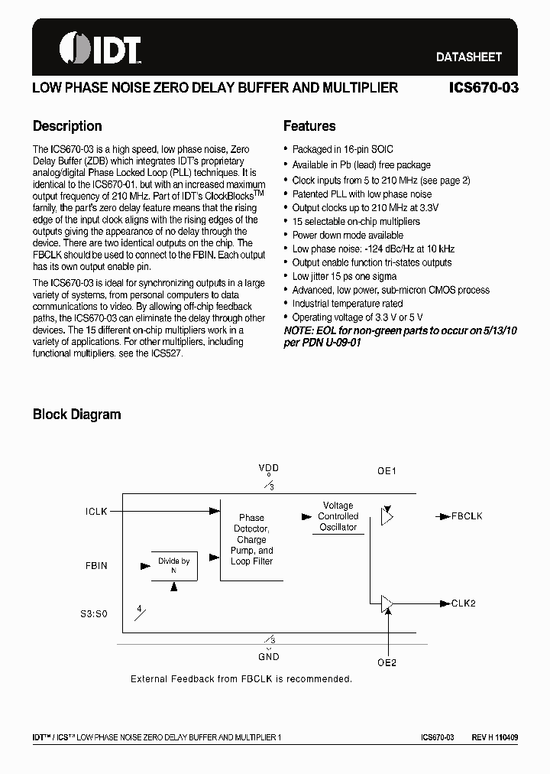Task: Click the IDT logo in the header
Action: (99, 48)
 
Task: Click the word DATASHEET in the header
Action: (468, 57)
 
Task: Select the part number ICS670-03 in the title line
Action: (483, 88)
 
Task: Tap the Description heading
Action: (67, 126)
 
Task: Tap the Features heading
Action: (309, 126)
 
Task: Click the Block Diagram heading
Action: (76, 415)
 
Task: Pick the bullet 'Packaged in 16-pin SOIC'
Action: (342, 150)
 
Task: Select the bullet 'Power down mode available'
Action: (348, 235)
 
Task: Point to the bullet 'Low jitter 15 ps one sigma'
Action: (345, 276)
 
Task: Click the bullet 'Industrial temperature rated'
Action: (347, 304)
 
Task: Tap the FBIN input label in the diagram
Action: (95, 566)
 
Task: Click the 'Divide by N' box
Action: (174, 566)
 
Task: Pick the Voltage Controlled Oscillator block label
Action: (338, 516)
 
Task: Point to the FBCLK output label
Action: (467, 516)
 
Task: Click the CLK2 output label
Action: (463, 603)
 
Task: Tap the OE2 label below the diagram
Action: (387, 662)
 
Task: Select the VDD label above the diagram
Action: (269, 467)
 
